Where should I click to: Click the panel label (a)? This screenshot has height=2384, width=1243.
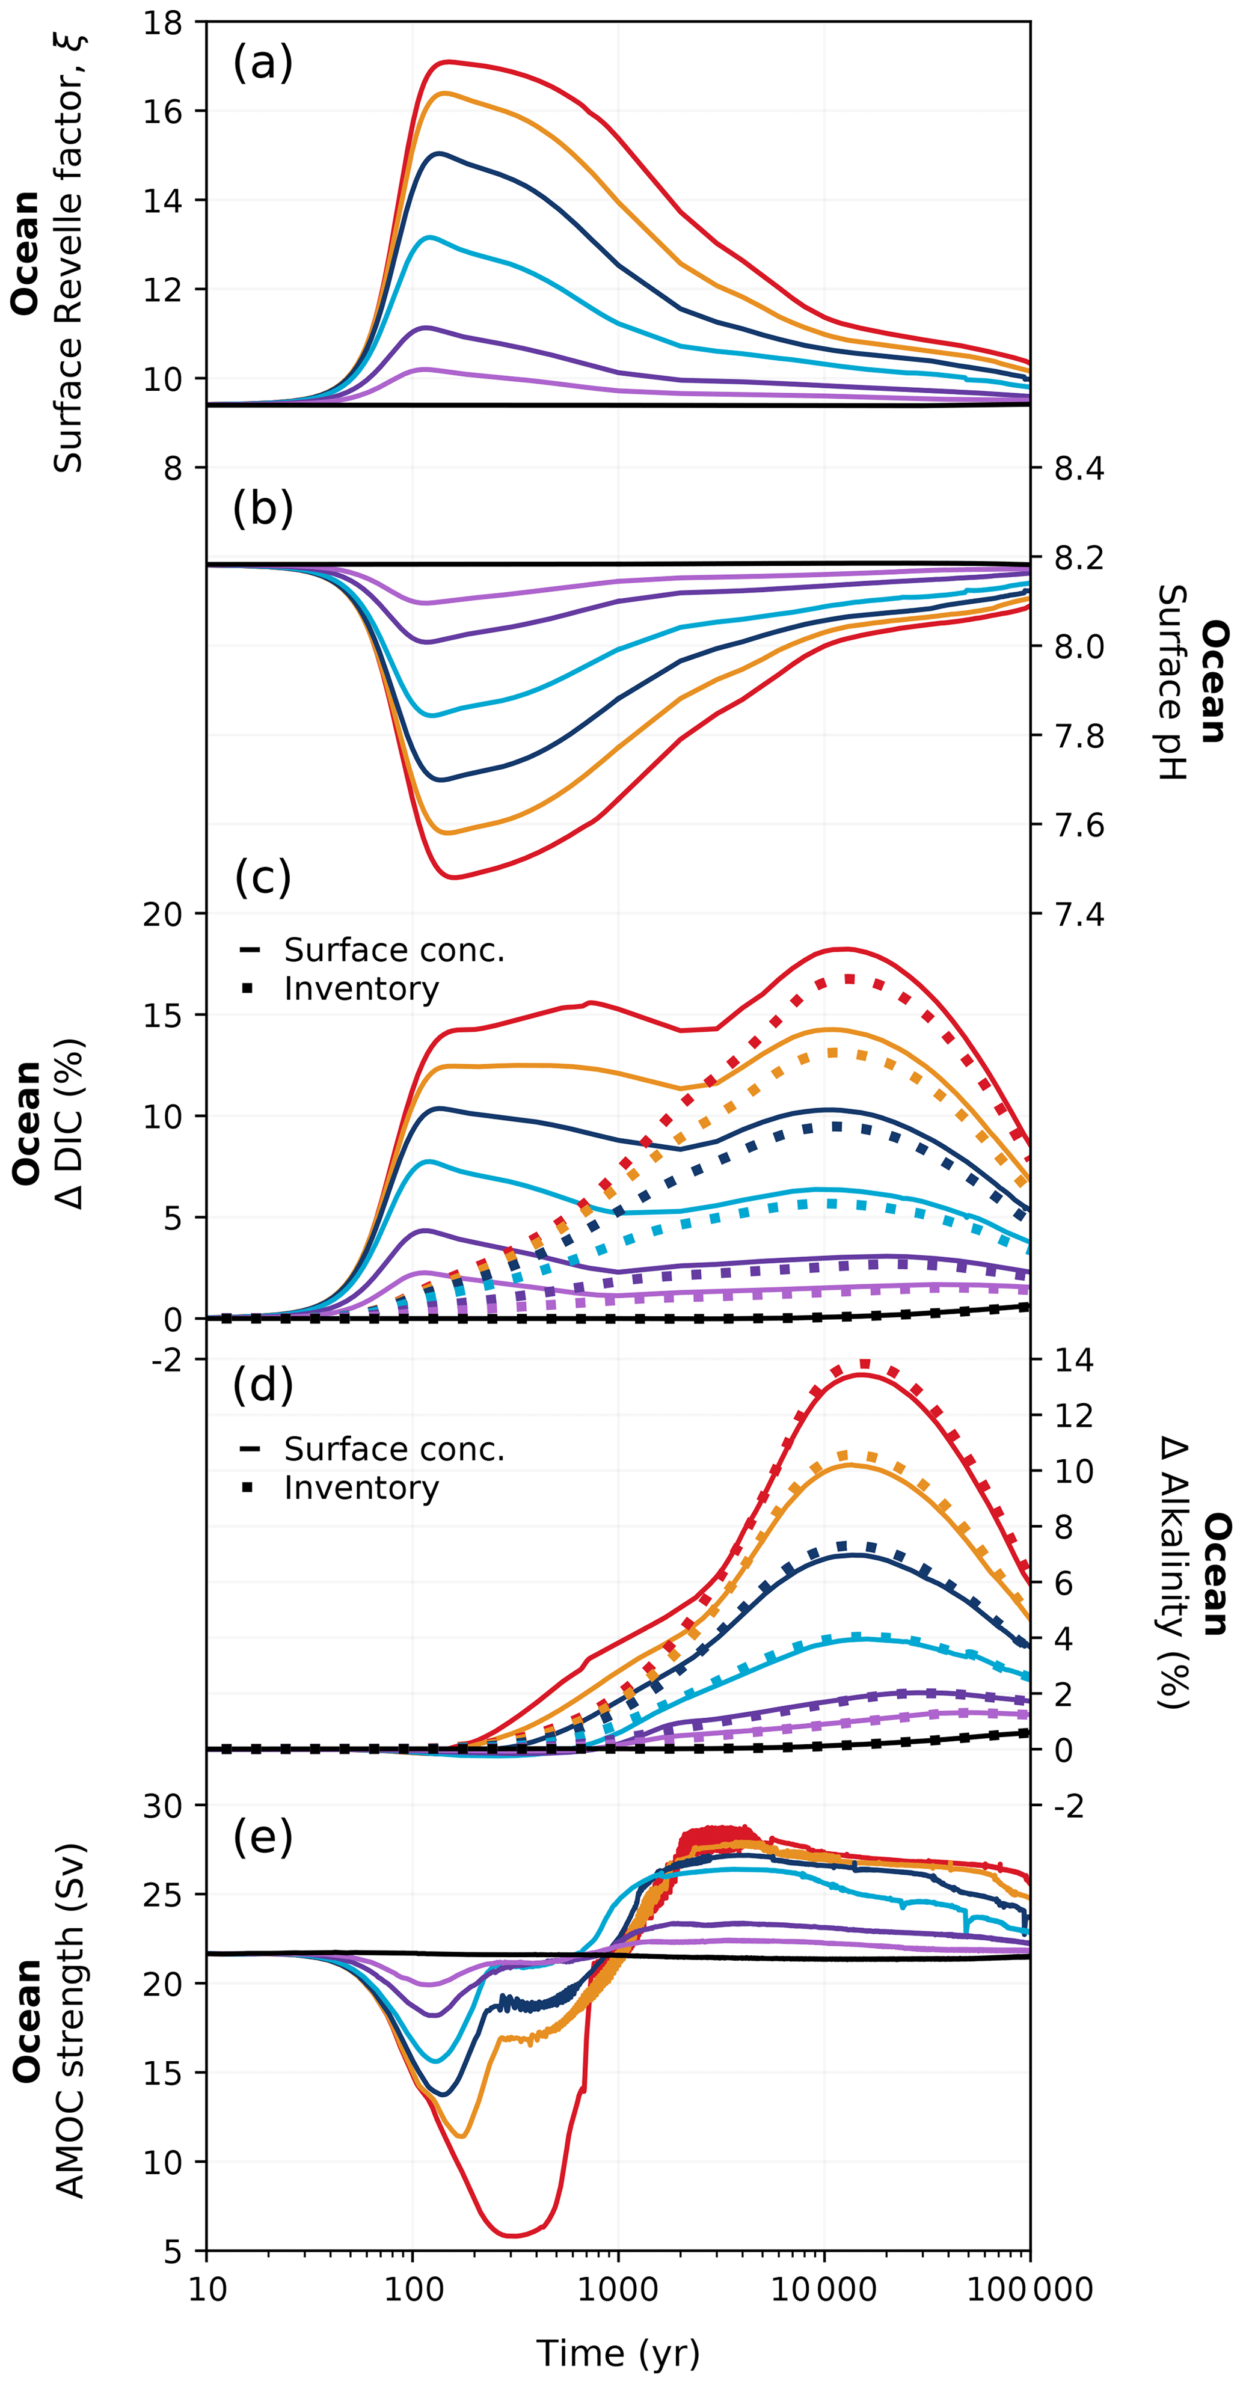pos(263,63)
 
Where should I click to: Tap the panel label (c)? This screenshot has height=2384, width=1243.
pos(263,877)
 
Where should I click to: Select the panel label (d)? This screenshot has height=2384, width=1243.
pos(263,1385)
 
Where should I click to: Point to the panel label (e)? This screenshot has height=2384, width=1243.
pos(263,1836)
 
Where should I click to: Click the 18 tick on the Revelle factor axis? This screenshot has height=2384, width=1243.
pos(163,23)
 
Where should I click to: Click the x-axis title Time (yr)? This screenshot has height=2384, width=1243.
pos(618,2352)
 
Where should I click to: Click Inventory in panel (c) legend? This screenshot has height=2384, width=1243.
pos(361,988)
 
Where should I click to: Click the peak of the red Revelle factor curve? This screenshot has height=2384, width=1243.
pos(449,62)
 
